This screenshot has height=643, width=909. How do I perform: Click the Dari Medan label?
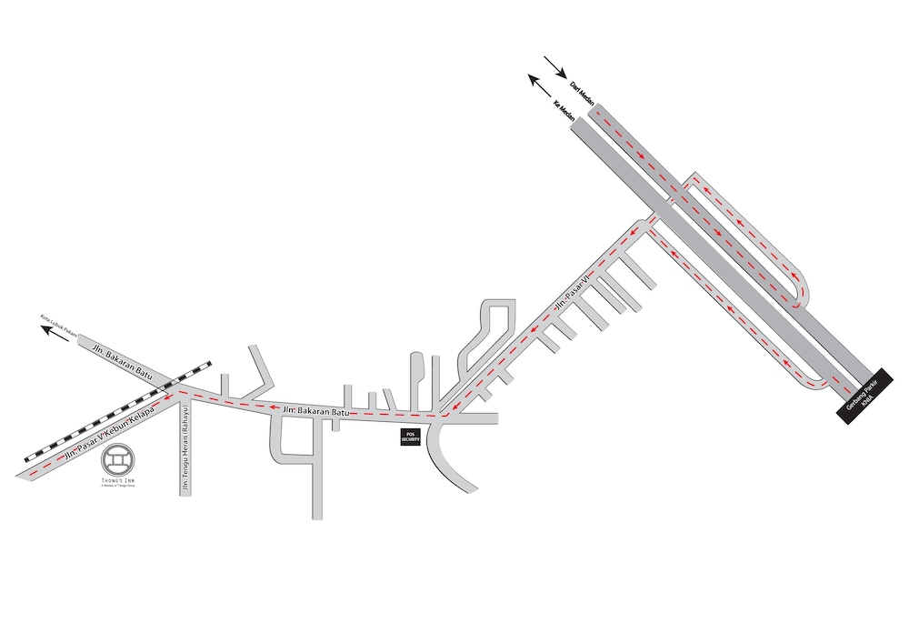coord(580,92)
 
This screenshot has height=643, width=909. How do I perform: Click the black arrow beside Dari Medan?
coord(554,67)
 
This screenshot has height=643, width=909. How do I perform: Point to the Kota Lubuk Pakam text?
coord(55,325)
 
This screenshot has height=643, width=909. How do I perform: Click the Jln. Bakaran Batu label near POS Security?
coord(315,412)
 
